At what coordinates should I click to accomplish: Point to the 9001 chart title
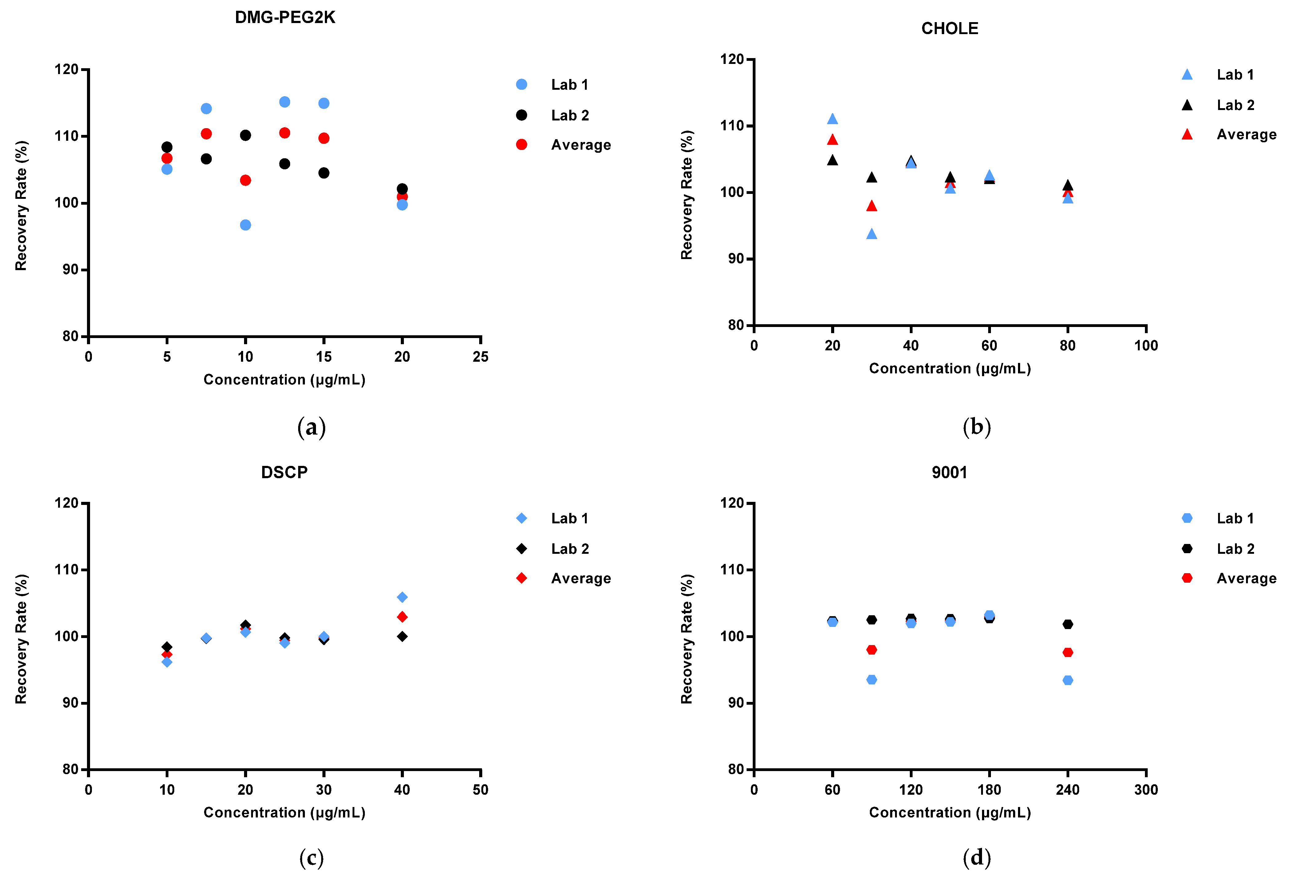949,472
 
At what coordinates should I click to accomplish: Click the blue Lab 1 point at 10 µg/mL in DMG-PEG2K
245,225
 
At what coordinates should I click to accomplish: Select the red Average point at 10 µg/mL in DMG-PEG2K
245,180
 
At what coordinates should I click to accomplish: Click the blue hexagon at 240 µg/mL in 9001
1067,680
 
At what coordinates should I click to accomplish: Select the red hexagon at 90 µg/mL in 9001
871,649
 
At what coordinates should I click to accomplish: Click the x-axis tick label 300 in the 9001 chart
1146,790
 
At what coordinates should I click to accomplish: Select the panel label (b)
976,427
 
